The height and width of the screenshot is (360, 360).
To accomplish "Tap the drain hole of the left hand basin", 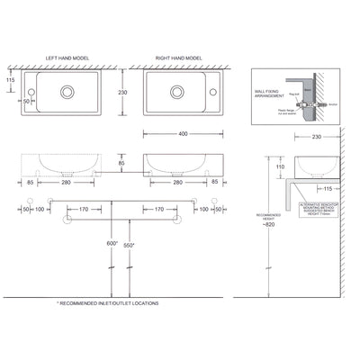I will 67,91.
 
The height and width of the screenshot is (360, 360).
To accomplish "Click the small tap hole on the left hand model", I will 30,91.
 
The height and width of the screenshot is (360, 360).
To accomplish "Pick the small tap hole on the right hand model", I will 215,91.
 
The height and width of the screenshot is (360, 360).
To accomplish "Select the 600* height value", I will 112,243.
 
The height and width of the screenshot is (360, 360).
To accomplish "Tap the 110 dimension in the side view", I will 280,167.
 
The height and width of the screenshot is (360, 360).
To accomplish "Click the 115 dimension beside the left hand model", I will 10,80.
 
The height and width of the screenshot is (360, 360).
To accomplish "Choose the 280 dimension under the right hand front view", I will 177,181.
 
